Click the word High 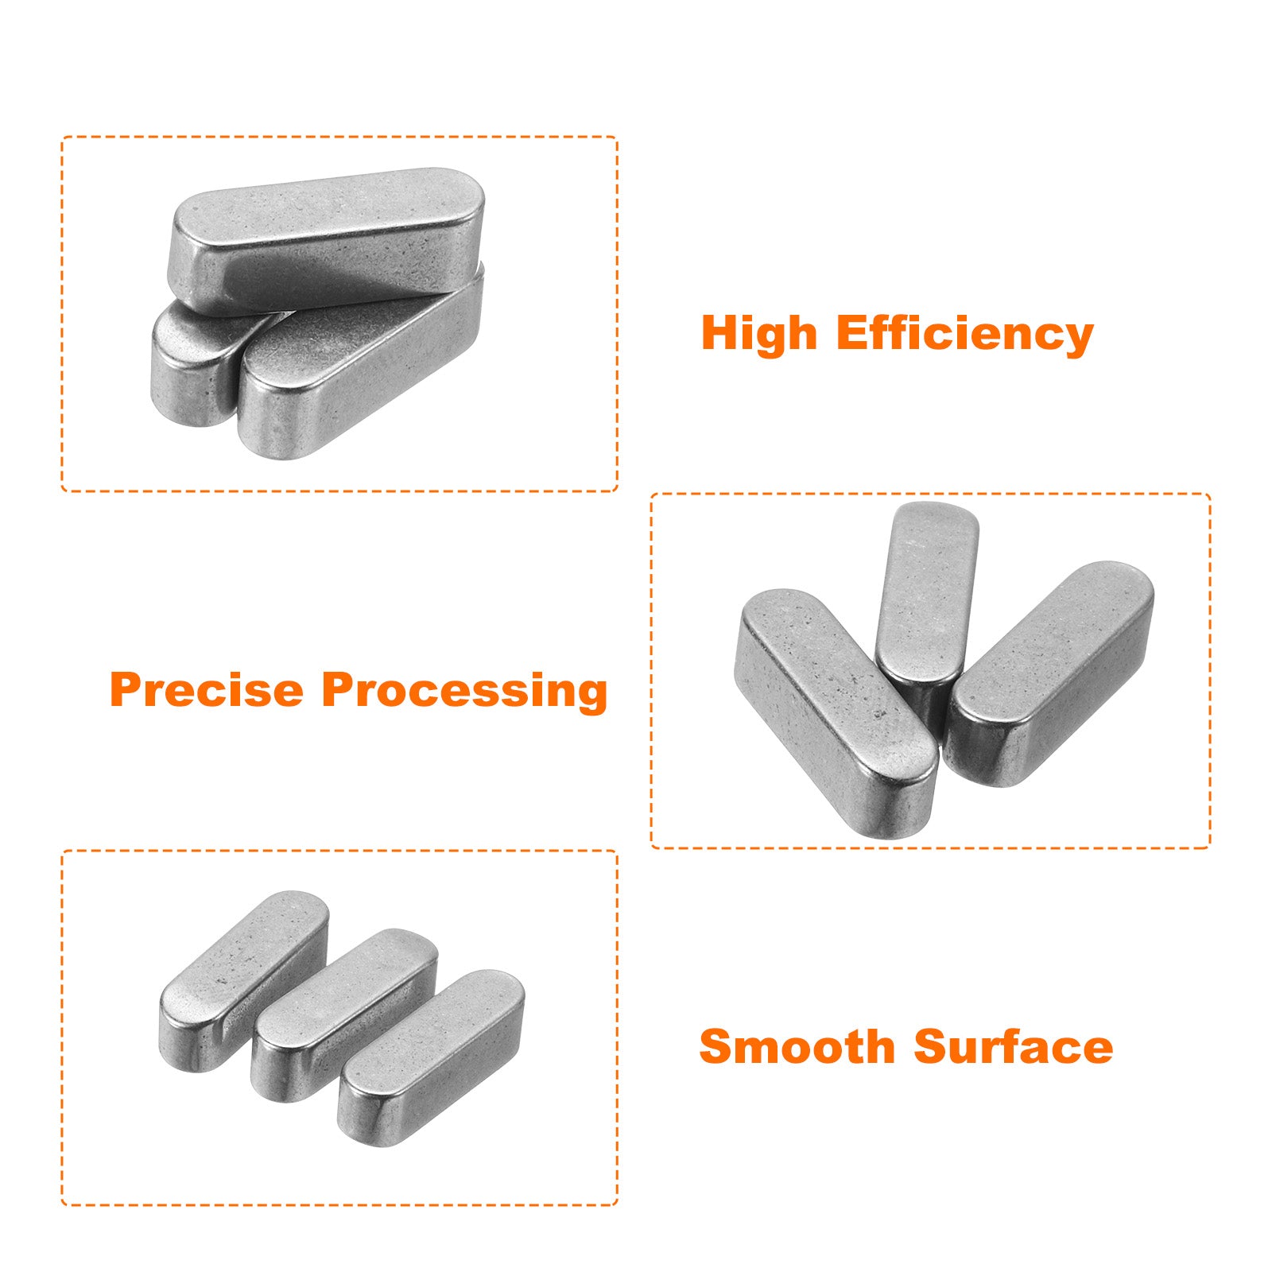tap(759, 334)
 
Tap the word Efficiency tap(965, 334)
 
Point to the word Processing tap(464, 691)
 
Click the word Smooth tap(797, 1046)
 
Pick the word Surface tap(1014, 1046)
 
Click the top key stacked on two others tap(326, 238)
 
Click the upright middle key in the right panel tap(926, 604)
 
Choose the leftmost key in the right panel tap(835, 712)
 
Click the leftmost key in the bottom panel tap(243, 981)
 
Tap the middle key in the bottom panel tap(343, 1014)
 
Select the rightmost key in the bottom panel tap(431, 1057)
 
